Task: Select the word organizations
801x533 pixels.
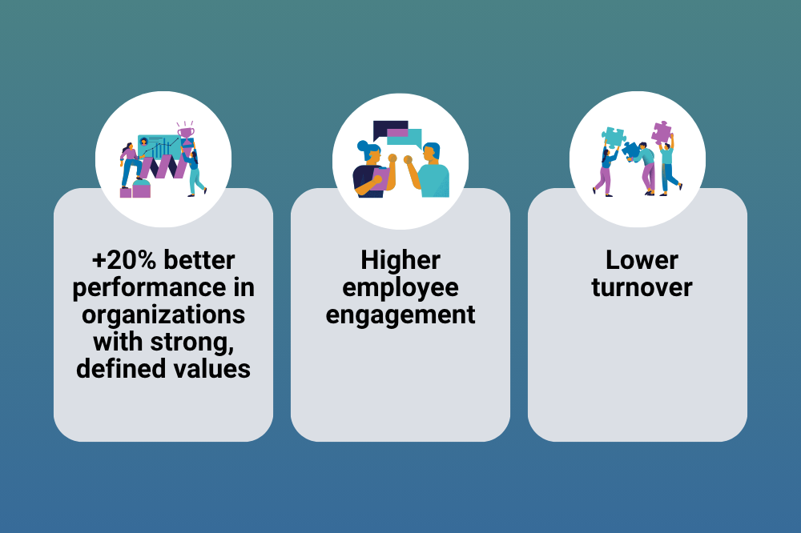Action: [x=163, y=315]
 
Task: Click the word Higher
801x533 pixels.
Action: [x=400, y=260]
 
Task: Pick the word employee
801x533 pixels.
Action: [x=400, y=288]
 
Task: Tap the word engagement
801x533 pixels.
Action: [x=400, y=315]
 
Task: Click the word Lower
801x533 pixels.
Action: [x=642, y=260]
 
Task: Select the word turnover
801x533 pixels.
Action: [x=642, y=287]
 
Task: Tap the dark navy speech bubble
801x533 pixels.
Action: [x=389, y=129]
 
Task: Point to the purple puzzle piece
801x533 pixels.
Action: [x=662, y=132]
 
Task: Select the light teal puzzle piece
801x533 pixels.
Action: [x=613, y=137]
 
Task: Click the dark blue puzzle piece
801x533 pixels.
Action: [x=631, y=150]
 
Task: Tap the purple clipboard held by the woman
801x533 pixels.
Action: [x=380, y=178]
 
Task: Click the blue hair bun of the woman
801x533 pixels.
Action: [x=363, y=146]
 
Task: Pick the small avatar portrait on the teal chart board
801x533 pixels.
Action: [x=143, y=142]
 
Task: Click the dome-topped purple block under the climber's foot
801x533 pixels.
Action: [x=142, y=188]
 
